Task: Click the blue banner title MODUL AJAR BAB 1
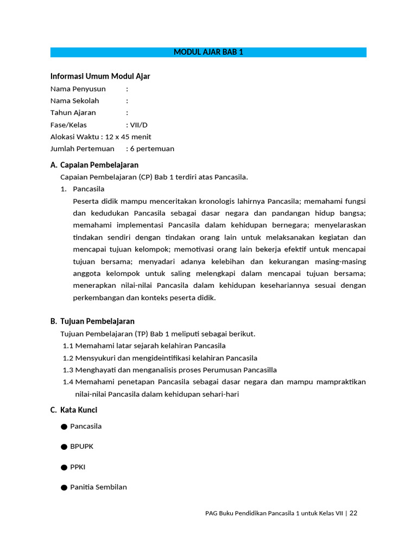pyautogui.click(x=208, y=52)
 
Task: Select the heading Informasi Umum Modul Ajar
pyautogui.click(x=100, y=76)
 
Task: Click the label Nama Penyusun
pyautogui.click(x=78, y=89)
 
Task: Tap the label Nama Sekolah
pyautogui.click(x=75, y=101)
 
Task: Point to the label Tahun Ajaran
pyautogui.click(x=73, y=113)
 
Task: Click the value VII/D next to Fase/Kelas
pyautogui.click(x=138, y=125)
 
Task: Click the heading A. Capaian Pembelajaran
pyautogui.click(x=94, y=165)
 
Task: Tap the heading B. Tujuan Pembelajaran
pyautogui.click(x=92, y=321)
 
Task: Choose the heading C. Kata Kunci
pyautogui.click(x=74, y=410)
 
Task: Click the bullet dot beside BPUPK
pyautogui.click(x=64, y=447)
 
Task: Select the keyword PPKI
pyautogui.click(x=78, y=467)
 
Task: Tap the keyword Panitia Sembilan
pyautogui.click(x=98, y=487)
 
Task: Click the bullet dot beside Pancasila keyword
pyautogui.click(x=64, y=427)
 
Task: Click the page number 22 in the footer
pyautogui.click(x=353, y=513)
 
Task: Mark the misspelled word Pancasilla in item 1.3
pyautogui.click(x=257, y=370)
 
